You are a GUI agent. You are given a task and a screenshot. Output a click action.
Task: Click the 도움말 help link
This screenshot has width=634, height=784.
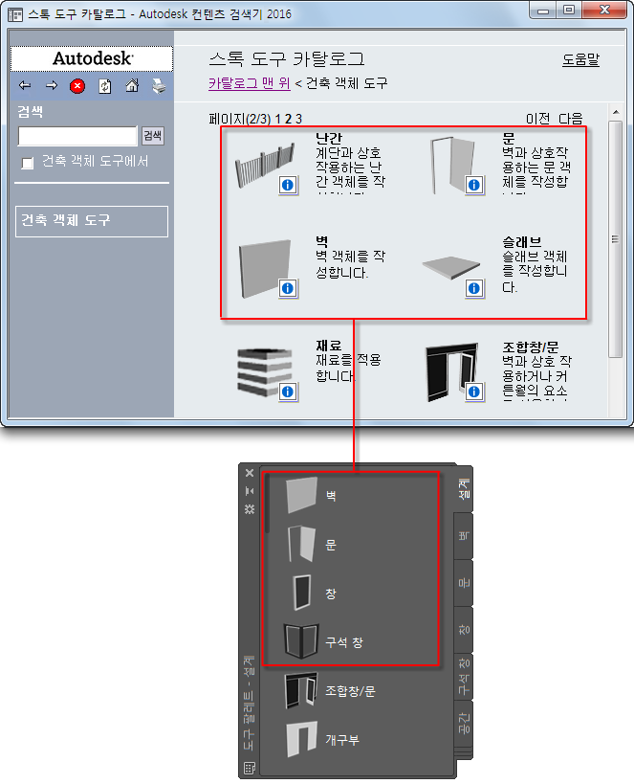(580, 59)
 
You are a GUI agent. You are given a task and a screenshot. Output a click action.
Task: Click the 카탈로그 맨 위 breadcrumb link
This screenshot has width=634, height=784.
(250, 83)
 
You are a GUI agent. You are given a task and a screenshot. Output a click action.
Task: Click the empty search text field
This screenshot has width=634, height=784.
(78, 136)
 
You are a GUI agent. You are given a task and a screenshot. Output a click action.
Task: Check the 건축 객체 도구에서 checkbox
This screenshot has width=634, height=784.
(28, 163)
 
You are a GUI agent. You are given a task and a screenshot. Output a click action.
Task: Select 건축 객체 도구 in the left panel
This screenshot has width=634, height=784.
(92, 220)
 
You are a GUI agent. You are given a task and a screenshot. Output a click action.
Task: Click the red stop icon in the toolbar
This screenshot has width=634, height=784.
(77, 86)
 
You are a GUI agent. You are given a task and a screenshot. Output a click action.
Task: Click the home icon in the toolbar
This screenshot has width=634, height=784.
(132, 86)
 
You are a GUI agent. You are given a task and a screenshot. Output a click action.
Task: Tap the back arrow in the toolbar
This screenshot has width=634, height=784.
(25, 86)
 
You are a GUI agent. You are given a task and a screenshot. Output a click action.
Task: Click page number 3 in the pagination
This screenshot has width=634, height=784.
(298, 119)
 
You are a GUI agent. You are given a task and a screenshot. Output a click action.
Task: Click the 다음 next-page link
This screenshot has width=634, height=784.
(571, 119)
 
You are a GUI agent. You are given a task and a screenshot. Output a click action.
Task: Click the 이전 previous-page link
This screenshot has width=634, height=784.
(537, 119)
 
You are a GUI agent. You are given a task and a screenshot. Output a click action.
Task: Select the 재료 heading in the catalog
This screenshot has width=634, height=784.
(329, 346)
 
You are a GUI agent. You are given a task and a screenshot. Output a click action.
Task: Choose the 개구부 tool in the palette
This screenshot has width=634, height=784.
(342, 740)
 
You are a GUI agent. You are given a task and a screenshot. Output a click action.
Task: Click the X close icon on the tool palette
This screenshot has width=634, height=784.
(250, 473)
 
